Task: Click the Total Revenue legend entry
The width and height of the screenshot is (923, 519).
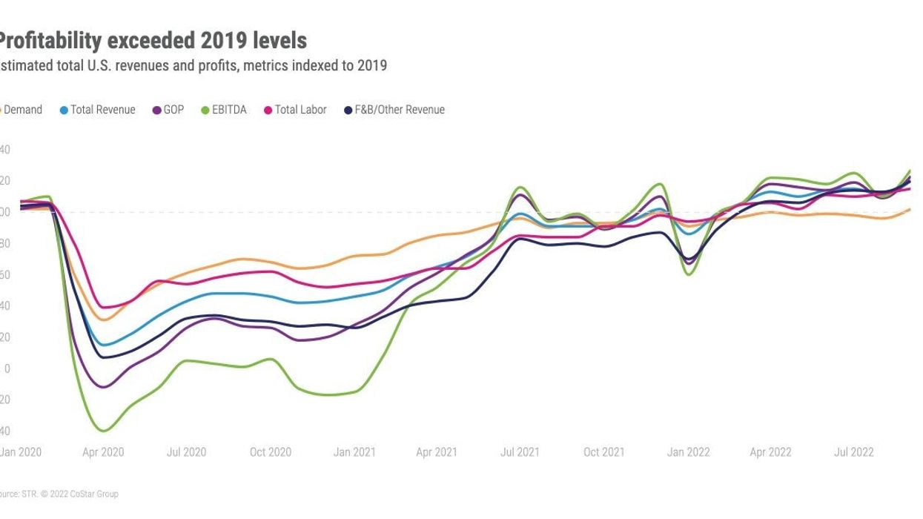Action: (102, 110)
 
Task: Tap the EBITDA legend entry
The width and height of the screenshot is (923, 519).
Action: (228, 110)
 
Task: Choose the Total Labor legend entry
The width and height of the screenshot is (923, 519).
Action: (300, 110)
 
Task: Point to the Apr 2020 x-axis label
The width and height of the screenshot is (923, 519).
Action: (103, 452)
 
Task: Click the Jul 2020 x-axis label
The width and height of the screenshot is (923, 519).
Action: (185, 452)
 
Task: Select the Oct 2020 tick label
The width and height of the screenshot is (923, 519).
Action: (270, 452)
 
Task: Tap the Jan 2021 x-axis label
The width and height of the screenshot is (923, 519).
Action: (354, 452)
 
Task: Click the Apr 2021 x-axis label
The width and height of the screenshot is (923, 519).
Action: (436, 452)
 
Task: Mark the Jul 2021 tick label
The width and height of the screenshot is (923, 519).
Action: (519, 452)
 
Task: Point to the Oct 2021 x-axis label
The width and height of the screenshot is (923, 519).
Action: (603, 452)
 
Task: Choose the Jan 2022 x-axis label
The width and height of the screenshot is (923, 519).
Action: (688, 452)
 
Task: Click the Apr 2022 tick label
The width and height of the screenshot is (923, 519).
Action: (770, 452)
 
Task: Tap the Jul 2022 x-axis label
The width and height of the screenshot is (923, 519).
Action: (853, 452)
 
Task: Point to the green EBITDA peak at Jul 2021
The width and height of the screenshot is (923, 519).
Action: (520, 187)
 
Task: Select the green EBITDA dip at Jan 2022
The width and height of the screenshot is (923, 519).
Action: (689, 274)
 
